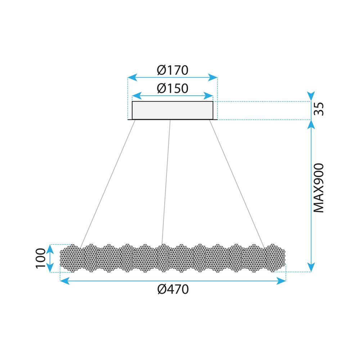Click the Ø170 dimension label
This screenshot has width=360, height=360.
pyautogui.click(x=173, y=70)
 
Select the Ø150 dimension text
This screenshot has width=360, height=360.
pyautogui.click(x=173, y=88)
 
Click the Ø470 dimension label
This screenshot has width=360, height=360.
pyautogui.click(x=173, y=289)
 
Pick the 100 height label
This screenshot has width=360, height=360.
pyautogui.click(x=41, y=258)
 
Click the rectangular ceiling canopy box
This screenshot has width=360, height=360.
pyautogui.click(x=173, y=110)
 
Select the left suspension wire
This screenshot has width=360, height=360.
pyautogui.click(x=108, y=182)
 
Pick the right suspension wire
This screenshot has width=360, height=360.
pyautogui.click(x=237, y=182)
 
